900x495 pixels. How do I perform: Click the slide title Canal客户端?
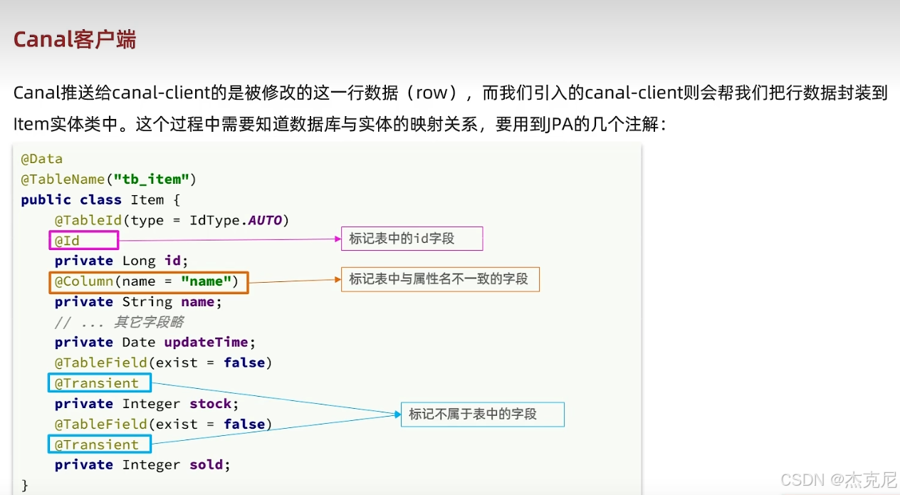pos(75,39)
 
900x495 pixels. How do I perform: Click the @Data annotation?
pos(42,158)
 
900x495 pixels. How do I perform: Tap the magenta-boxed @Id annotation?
pos(68,241)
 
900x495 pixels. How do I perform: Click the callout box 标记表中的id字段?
pos(412,239)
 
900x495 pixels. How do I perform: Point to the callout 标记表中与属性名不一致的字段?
pos(439,279)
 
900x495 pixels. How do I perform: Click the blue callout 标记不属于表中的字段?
pos(473,414)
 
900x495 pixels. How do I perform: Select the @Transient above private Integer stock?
pos(98,383)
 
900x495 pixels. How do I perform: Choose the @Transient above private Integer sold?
pos(98,444)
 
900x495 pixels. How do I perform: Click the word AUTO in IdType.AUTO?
pos(265,220)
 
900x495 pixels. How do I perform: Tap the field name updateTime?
pos(206,343)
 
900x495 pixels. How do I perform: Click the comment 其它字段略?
pos(149,322)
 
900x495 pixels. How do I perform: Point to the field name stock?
pos(210,404)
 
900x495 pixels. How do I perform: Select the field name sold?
pos(206,465)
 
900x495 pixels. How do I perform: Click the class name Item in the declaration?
pos(147,199)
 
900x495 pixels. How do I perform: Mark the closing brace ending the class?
pos(25,485)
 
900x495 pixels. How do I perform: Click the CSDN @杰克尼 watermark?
pos(838,481)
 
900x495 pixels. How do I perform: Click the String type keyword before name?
pos(147,302)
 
